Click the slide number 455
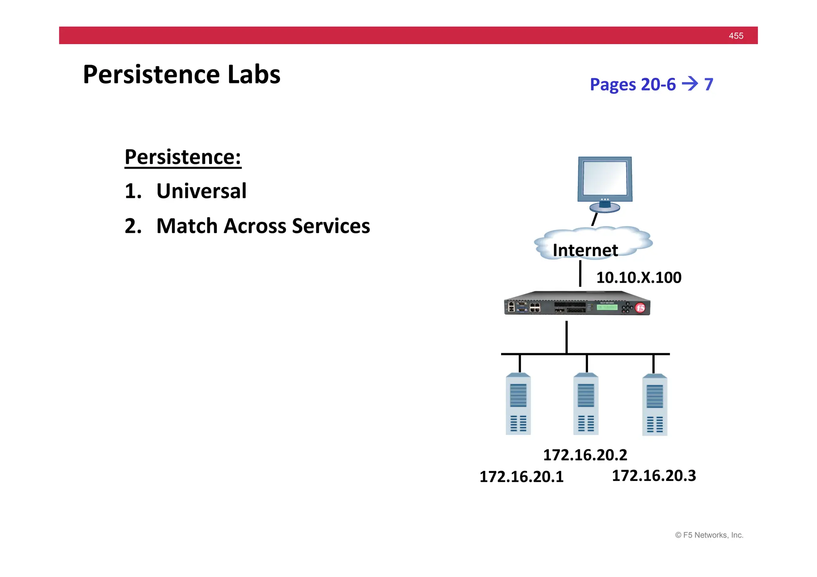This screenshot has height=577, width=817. [736, 36]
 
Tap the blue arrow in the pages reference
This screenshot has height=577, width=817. [690, 84]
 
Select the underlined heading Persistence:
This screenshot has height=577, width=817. [183, 157]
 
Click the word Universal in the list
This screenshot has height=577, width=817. [201, 191]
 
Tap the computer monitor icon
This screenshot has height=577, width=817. [605, 183]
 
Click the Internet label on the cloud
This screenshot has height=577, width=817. [585, 250]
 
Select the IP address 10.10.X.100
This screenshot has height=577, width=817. [638, 278]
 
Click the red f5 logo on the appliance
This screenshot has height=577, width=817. [640, 308]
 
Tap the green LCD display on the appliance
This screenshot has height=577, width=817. [607, 307]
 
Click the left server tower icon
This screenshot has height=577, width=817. [518, 404]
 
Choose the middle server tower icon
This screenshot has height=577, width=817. [586, 404]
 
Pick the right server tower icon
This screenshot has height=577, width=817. [654, 405]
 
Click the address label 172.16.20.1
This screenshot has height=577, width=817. [521, 477]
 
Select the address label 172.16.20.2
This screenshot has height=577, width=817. [585, 455]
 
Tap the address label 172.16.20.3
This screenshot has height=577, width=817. [653, 476]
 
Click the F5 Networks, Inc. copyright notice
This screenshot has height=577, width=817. [709, 535]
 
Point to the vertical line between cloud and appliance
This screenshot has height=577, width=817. [580, 274]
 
